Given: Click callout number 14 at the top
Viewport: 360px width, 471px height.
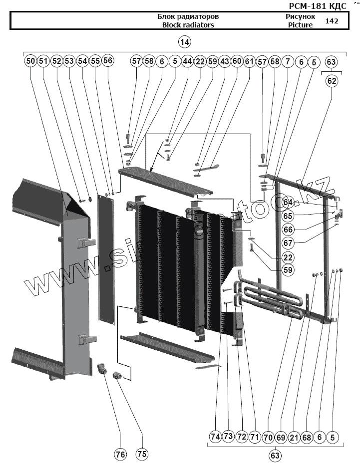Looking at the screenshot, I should pos(185,42).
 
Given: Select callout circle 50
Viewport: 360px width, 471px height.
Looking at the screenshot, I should pos(30,61).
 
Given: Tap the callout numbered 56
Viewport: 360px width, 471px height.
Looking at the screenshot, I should pos(108,61).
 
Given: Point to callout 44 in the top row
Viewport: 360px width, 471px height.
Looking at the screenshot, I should pos(187,61).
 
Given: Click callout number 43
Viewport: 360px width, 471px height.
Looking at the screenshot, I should pos(224,61).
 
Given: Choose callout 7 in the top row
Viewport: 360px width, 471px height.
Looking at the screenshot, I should pos(287,61).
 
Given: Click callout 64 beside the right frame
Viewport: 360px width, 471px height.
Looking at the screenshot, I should pos(288,202).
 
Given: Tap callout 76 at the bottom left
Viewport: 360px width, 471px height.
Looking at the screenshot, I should pos(120,454).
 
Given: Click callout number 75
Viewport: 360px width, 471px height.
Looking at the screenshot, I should pos(142,454).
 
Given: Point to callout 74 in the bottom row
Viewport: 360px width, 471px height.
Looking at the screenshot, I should pos(215,437).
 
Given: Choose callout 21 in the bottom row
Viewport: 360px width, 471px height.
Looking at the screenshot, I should pos(294,437).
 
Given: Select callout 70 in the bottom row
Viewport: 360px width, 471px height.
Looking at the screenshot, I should pos(268,437).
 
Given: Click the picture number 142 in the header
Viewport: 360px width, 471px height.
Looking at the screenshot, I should pos(332,21).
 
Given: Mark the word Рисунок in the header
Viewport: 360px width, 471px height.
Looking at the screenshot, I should pos(300,16).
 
